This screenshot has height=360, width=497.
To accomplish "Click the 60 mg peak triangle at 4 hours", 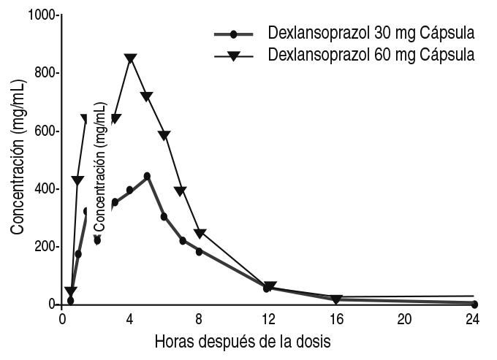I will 130,58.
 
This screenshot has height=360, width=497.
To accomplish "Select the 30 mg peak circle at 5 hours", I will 147,176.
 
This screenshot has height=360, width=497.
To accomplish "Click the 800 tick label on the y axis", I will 43,73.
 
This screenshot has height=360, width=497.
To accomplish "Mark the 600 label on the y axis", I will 43,131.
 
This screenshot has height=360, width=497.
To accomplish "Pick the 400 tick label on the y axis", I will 43,188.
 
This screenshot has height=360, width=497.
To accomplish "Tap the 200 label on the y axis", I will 43,246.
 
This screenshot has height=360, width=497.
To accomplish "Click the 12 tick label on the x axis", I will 268,319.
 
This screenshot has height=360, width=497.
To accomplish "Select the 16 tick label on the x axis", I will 336,319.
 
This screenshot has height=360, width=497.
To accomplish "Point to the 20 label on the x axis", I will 405,319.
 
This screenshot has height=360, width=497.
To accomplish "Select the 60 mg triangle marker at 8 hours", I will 199,234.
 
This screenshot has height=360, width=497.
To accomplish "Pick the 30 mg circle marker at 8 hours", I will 199,251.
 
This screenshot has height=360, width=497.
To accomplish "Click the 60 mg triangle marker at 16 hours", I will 336,299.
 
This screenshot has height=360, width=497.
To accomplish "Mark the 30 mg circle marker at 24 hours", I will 474,304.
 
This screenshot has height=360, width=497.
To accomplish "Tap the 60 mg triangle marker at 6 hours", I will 164,136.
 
